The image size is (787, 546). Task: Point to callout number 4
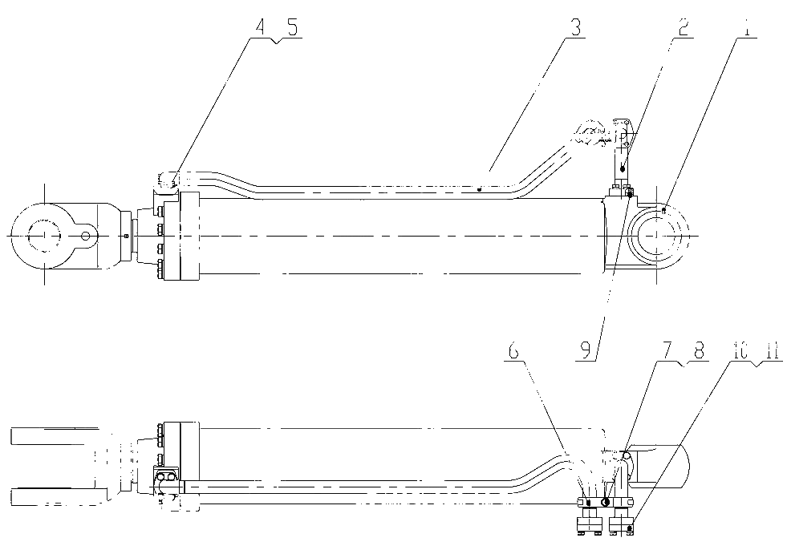point(259,27)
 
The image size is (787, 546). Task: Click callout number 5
point(291,27)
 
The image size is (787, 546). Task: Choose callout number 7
point(671,351)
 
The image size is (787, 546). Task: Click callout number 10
point(738,351)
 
